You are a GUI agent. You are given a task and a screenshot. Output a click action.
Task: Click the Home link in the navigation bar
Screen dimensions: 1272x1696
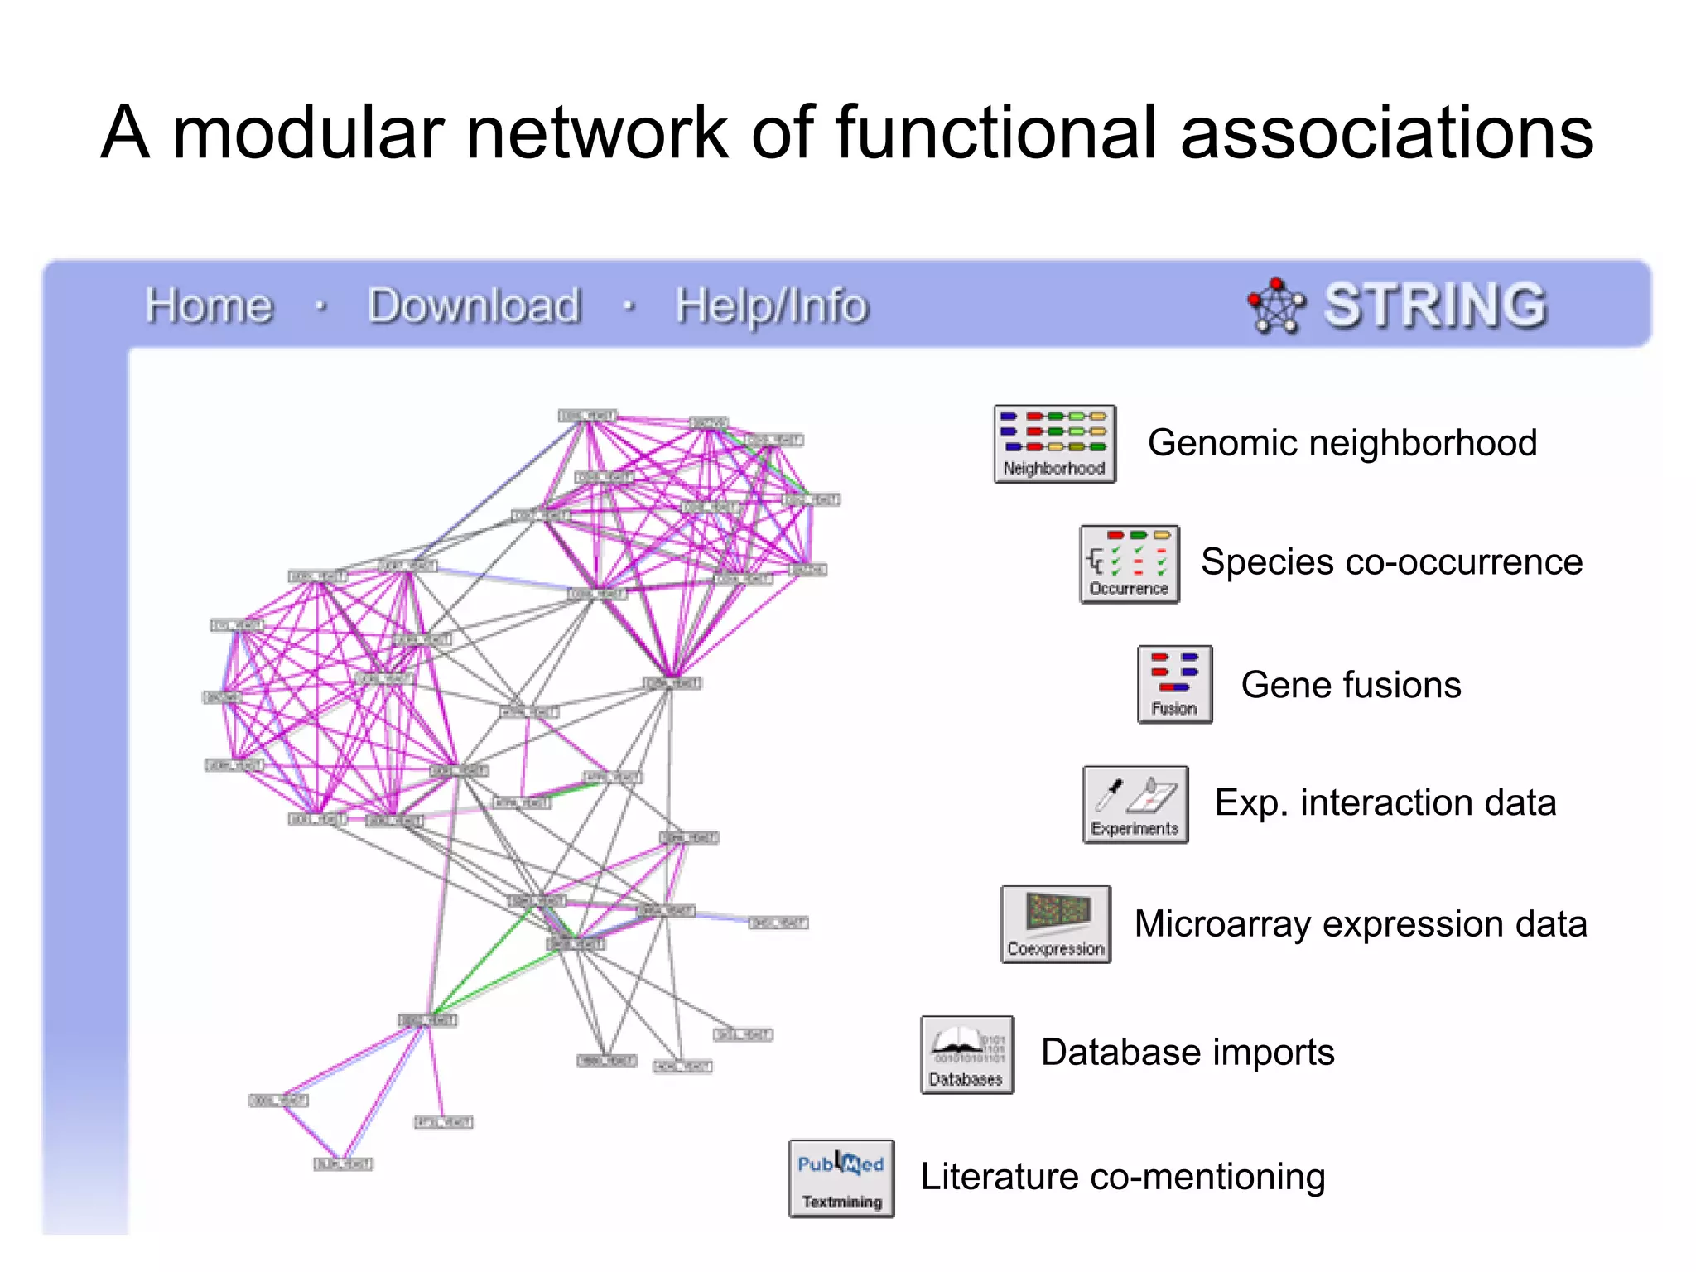click(x=209, y=306)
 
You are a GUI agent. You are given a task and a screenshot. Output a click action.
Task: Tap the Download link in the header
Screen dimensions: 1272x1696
click(x=474, y=306)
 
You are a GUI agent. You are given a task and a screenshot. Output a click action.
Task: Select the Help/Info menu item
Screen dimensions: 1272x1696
click(x=771, y=306)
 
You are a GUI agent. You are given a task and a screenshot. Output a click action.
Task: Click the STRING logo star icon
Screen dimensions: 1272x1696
click(x=1276, y=306)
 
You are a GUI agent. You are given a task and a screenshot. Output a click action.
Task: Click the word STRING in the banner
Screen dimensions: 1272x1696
click(x=1435, y=306)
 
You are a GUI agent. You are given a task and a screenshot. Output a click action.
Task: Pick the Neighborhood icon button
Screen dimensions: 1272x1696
click(x=1055, y=444)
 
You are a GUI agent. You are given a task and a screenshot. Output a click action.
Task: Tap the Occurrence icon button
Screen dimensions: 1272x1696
click(x=1130, y=564)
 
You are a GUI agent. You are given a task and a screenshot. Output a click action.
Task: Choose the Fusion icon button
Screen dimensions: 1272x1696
click(x=1174, y=685)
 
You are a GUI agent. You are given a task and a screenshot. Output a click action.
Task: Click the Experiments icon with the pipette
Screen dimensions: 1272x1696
click(x=1135, y=804)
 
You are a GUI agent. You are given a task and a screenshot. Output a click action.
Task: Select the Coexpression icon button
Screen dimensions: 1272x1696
click(x=1056, y=924)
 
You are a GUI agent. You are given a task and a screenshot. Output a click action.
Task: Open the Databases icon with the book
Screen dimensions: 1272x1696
click(x=966, y=1055)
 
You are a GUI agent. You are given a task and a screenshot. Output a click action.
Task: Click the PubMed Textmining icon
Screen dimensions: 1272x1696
click(x=841, y=1178)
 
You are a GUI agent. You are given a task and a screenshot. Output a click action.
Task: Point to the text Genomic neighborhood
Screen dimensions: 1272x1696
click(x=1342, y=443)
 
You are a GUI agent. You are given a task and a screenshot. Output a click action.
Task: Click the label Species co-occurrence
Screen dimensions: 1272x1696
click(x=1391, y=562)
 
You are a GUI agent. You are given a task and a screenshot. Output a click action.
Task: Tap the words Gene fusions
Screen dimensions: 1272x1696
click(x=1351, y=686)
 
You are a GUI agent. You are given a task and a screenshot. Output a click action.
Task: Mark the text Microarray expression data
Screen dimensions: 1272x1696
click(x=1360, y=924)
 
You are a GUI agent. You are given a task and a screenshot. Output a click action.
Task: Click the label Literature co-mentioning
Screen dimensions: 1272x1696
click(x=1122, y=1177)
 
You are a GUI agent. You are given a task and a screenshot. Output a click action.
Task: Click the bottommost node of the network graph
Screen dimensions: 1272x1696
click(x=343, y=1164)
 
